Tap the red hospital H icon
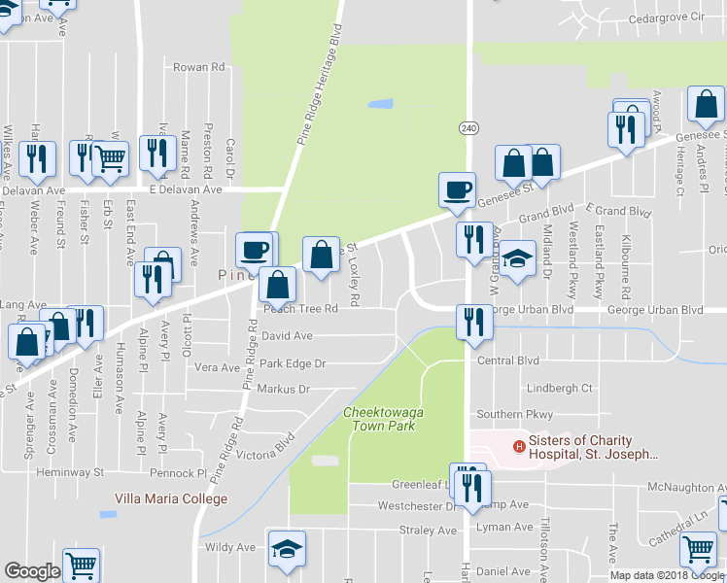pos(519,447)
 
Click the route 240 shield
pos(468,127)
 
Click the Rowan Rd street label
pos(198,67)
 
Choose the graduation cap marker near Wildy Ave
pos(287,548)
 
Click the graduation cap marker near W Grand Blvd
pos(518,258)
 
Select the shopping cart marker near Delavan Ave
pos(111,157)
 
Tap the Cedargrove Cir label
pos(665,17)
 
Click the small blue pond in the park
pos(380,103)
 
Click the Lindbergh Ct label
pos(559,388)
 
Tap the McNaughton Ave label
pos(685,487)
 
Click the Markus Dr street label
pos(283,390)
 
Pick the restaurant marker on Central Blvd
pos(473,321)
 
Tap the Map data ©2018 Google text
pos(668,575)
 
